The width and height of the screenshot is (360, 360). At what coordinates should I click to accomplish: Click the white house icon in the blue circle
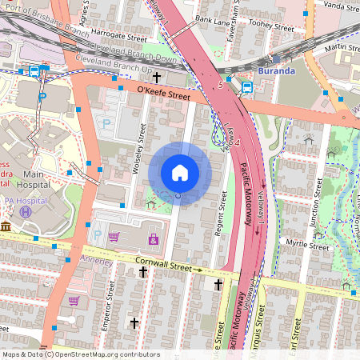point(180,173)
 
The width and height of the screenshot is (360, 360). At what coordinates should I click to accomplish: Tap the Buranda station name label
point(277,70)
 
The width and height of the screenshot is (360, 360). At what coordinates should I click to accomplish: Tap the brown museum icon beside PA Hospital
point(6,228)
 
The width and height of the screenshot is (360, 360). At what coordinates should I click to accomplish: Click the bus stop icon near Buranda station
point(246,87)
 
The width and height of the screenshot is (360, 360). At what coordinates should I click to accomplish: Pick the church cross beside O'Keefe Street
point(157,78)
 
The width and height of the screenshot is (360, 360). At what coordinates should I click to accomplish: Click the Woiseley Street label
point(137,152)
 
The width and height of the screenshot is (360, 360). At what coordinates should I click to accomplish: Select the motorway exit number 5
point(220,83)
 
